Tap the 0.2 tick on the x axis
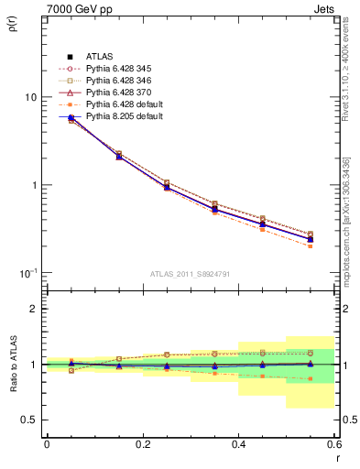point(142,443)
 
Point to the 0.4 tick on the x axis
point(238,443)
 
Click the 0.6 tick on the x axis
point(333,443)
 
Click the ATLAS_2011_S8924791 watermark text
point(189,273)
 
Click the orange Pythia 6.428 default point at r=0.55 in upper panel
point(310,245)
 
